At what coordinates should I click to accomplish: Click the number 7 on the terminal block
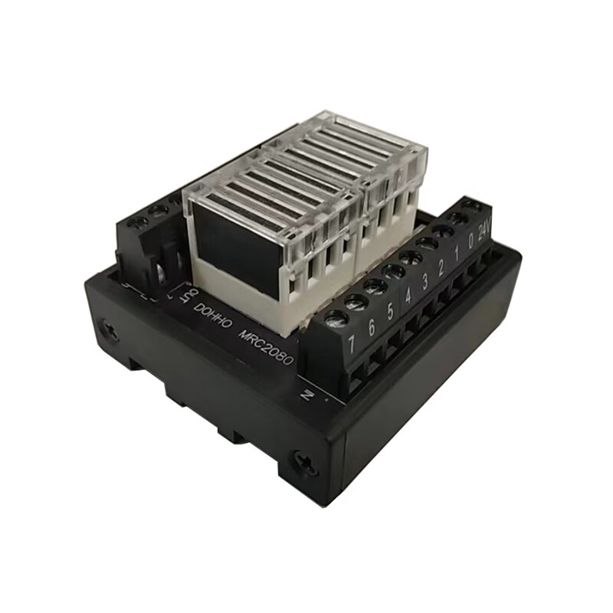pos(351,344)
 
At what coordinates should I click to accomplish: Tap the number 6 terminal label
pos(371,329)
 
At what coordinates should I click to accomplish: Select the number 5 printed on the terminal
pos(390,312)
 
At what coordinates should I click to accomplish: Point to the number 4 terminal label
pos(408,296)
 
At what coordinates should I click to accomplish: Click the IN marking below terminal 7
pos(307,395)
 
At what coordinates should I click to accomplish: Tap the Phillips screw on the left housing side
pos(110,331)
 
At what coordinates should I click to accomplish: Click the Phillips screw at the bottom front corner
pos(303,461)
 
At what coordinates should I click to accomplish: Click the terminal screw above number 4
pos(393,270)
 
